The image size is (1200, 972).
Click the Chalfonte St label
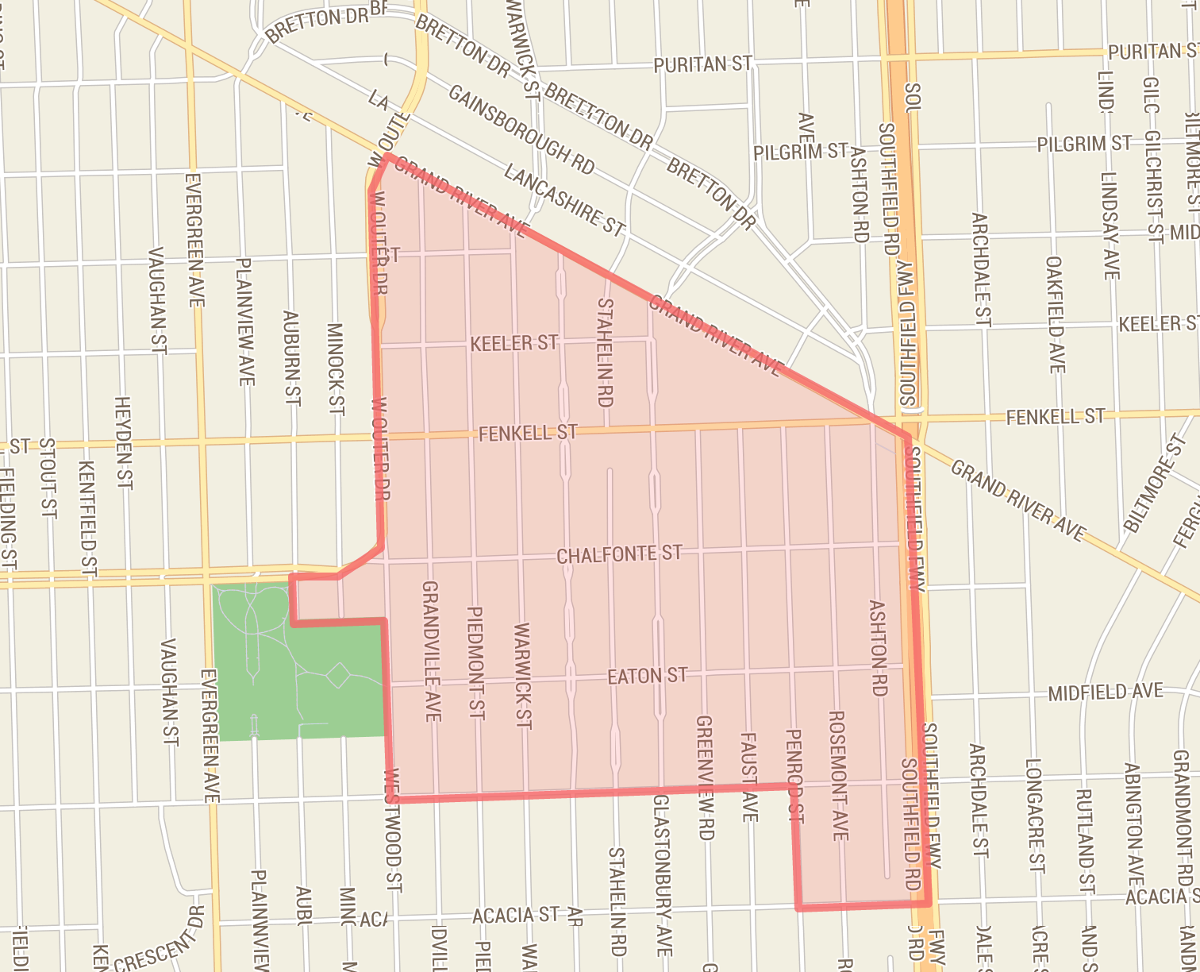point(619,553)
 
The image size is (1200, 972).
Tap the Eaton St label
point(647,676)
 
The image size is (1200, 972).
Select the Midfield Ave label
point(1106,692)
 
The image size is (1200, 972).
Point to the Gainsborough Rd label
point(521,129)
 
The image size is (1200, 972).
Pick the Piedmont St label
point(476,663)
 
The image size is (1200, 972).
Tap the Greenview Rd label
point(705,777)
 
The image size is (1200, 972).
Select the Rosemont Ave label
point(838,774)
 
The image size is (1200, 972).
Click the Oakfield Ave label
point(1056,314)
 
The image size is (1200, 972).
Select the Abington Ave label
point(1133,826)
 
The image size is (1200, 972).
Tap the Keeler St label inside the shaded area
point(513,343)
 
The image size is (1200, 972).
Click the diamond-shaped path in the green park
point(339,676)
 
